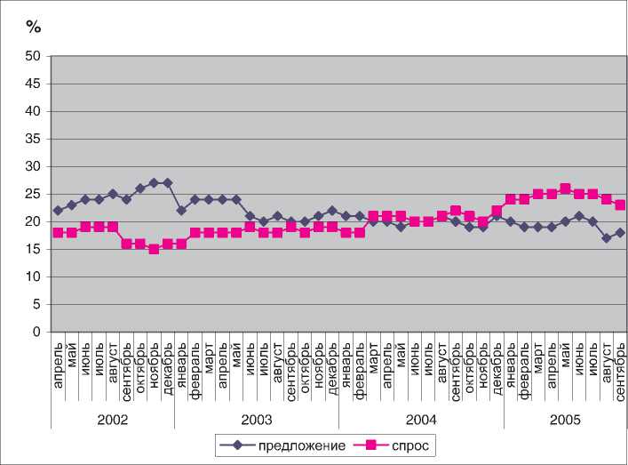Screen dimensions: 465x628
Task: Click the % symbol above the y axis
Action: click(x=34, y=26)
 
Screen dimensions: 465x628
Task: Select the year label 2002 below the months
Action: click(x=112, y=417)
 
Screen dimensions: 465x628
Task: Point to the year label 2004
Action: click(x=421, y=417)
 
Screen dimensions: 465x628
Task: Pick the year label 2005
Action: click(x=565, y=417)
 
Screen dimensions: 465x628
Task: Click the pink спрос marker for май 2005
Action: click(x=565, y=188)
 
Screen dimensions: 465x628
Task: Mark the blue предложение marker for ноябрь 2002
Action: click(x=154, y=183)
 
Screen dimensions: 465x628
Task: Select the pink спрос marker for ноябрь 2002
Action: click(x=154, y=249)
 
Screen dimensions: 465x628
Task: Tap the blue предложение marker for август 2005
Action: click(x=607, y=238)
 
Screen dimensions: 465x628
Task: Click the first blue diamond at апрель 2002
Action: click(x=58, y=211)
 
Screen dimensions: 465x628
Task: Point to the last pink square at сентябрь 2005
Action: click(x=620, y=205)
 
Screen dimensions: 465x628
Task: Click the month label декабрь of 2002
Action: click(x=168, y=361)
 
